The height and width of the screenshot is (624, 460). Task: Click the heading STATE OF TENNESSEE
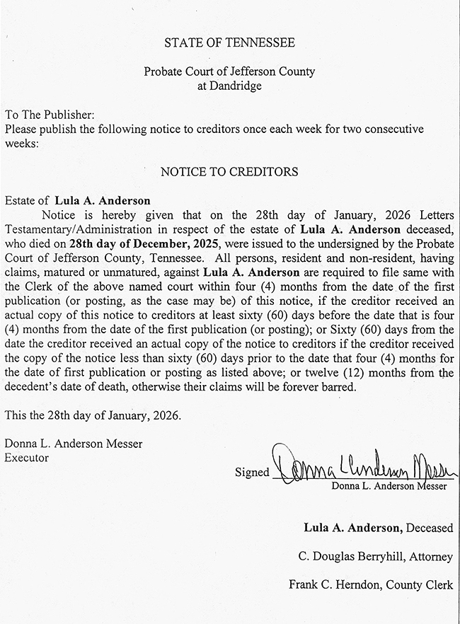229,43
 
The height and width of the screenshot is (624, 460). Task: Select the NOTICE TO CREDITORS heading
229,172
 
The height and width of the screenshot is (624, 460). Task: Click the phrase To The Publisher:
50,115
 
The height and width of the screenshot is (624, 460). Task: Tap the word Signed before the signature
252,473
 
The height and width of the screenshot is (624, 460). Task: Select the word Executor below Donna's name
27,458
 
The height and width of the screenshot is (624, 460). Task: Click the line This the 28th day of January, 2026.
93,415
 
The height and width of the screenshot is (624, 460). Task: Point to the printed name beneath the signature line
389,487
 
